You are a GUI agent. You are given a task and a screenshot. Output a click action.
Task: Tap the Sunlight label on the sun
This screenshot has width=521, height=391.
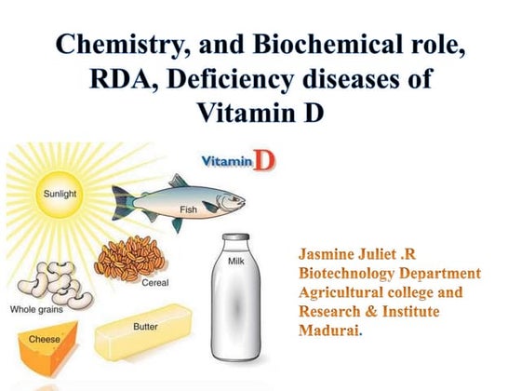coord(55,195)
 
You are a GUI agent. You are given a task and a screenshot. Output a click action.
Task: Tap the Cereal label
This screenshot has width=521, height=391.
coord(154,281)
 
